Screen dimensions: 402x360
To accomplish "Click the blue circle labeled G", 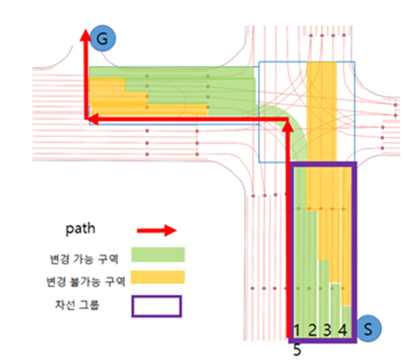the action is pyautogui.click(x=103, y=38).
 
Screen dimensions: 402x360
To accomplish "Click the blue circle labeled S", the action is pyautogui.click(x=368, y=328).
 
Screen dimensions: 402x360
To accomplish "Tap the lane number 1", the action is pyautogui.click(x=297, y=330).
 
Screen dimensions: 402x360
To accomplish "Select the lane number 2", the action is pyautogui.click(x=312, y=330).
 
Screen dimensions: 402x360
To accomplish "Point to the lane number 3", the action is pyautogui.click(x=327, y=330).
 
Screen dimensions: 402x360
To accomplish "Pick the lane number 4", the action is pyautogui.click(x=343, y=330).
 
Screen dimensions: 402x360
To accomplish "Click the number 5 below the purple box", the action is pyautogui.click(x=297, y=350).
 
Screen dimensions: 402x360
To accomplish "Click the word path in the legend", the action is pyautogui.click(x=80, y=229).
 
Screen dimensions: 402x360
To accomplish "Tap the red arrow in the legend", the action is pyautogui.click(x=157, y=231).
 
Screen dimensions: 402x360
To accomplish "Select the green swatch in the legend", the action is pyautogui.click(x=158, y=255).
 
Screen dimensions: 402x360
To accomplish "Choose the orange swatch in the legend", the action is pyautogui.click(x=158, y=277).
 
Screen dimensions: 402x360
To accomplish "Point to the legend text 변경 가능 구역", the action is pyautogui.click(x=84, y=259).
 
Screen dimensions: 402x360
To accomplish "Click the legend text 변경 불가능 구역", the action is pyautogui.click(x=86, y=282).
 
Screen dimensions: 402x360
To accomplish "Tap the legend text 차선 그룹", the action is pyautogui.click(x=76, y=305).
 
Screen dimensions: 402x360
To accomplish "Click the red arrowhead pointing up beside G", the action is pyautogui.click(x=86, y=35).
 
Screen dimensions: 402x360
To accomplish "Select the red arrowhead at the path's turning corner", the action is pyautogui.click(x=288, y=126).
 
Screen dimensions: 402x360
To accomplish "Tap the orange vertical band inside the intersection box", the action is pyautogui.click(x=322, y=111).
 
